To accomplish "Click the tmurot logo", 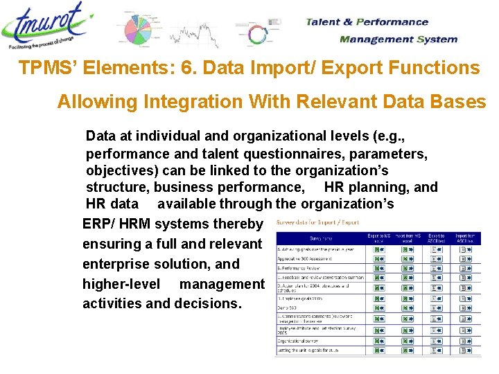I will tap(45, 28).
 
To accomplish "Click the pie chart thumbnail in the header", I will tap(142, 29).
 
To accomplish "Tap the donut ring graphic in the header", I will tap(258, 35).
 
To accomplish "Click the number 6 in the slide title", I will tap(175, 68).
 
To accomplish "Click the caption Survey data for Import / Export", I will tap(317, 222).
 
